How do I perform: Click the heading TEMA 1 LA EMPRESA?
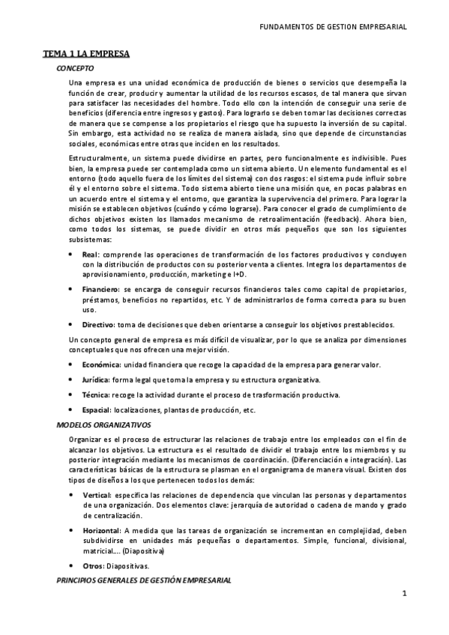point(86,54)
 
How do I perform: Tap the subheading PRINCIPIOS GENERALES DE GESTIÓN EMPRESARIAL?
point(144,580)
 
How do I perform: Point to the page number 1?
point(404,595)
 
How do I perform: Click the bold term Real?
point(90,255)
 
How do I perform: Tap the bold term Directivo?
point(98,324)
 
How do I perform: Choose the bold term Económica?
point(101,365)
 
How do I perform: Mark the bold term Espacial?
point(97,410)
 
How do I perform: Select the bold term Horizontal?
point(100,529)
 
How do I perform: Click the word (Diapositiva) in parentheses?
point(143,550)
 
